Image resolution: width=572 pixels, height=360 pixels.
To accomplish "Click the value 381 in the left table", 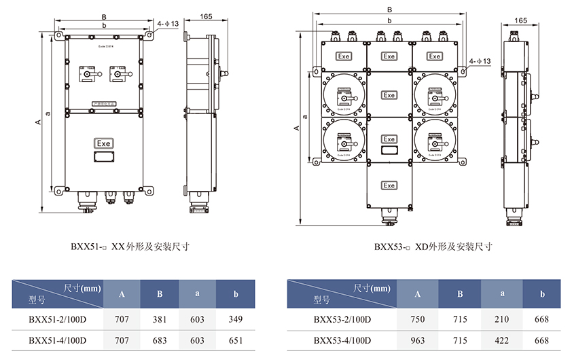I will point(160,319).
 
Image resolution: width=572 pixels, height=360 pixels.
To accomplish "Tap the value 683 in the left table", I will point(160,339).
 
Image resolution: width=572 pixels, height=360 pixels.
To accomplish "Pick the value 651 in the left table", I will point(236,339).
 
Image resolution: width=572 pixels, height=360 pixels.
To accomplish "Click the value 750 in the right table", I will point(418,319).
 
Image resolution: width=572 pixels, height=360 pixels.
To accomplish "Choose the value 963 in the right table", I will point(418,339).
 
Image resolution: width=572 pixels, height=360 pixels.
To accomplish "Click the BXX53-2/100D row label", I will point(342,319).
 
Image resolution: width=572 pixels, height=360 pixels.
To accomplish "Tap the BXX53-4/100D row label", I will point(342,339).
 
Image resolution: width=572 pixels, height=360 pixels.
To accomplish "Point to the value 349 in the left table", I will point(236,319).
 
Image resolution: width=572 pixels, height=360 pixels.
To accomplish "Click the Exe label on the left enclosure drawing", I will point(103,143).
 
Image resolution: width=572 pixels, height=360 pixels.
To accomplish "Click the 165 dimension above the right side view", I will point(521,21).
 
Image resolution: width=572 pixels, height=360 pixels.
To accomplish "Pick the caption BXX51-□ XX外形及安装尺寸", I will point(130,247).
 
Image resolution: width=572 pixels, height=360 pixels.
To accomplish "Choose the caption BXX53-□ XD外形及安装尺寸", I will point(433,247).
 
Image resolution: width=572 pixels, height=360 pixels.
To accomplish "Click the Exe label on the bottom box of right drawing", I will point(389,185).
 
